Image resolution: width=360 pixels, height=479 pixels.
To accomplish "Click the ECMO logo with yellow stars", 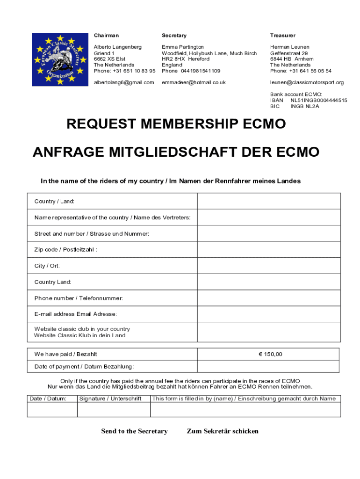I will coord(59,59).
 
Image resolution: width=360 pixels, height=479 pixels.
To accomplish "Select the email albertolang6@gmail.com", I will coord(124,82).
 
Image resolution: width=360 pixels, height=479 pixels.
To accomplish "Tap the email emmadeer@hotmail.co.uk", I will coord(194,82).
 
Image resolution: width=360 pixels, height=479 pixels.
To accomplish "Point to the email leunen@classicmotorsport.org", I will coord(307,82).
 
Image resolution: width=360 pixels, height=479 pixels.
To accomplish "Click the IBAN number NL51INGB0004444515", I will coord(319,101).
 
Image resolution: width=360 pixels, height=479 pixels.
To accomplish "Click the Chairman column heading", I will coord(106,36).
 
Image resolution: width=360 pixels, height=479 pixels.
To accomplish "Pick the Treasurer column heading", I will coord(282,36).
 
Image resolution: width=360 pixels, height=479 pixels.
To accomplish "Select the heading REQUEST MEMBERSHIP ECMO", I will coord(176,124).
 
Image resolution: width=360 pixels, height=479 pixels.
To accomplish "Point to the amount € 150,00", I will coord(270,354).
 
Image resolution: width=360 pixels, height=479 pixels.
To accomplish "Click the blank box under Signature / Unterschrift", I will coord(113,410).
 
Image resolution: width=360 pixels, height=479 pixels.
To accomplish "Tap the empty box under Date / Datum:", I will coord(52,410).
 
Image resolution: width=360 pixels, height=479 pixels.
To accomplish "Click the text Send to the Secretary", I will coord(134,431).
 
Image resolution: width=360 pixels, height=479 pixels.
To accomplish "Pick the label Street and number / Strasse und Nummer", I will coord(92,233).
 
